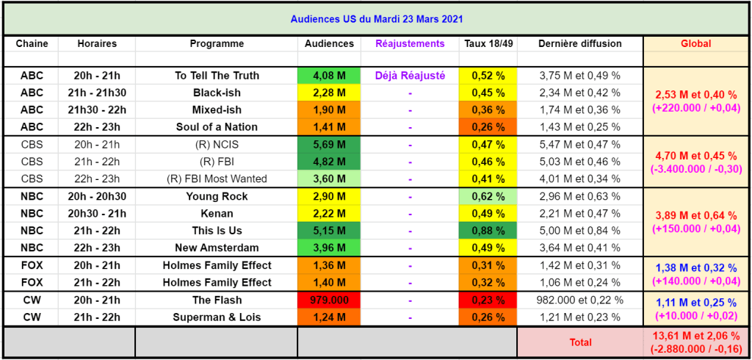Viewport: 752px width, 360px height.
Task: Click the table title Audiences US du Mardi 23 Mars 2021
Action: (375, 18)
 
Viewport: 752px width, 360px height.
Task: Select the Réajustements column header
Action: (410, 44)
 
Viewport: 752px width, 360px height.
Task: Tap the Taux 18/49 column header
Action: (488, 44)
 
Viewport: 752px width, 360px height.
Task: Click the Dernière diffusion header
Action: (579, 44)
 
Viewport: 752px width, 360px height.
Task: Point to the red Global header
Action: (695, 44)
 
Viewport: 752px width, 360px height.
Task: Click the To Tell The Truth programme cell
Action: (217, 76)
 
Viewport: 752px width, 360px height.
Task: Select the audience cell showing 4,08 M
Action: (328, 76)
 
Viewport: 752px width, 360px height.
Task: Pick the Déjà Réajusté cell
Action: (410, 76)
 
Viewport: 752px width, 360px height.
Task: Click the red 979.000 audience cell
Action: (328, 300)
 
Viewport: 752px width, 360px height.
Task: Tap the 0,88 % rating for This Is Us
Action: (488, 231)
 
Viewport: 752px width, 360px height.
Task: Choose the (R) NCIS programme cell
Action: (217, 145)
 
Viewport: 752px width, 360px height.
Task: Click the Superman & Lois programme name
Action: (217, 317)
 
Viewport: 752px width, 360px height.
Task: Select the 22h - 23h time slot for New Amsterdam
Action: (97, 248)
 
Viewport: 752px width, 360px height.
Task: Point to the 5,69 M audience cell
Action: (328, 145)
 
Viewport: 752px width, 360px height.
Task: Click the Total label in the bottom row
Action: (580, 342)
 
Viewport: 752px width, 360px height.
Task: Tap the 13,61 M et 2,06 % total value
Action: (695, 336)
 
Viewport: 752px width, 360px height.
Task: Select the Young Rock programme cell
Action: (217, 197)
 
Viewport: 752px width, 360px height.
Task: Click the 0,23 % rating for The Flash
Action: (488, 300)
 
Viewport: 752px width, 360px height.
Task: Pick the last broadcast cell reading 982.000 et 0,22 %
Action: (579, 300)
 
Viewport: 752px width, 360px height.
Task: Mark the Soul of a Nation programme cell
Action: (217, 127)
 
